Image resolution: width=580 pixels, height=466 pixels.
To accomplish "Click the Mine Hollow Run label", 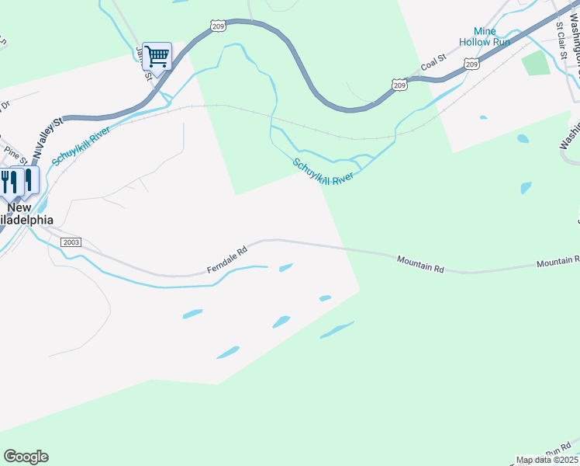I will [485, 37].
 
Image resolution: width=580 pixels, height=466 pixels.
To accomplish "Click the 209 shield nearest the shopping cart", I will [218, 26].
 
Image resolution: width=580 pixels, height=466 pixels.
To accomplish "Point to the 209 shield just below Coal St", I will [399, 84].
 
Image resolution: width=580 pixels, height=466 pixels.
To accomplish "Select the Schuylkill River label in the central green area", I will [323, 172].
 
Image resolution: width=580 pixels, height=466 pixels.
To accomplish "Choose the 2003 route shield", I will [71, 242].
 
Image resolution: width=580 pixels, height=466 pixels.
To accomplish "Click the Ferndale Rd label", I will [226, 260].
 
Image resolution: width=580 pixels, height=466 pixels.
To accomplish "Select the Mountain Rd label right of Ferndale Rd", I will [420, 263].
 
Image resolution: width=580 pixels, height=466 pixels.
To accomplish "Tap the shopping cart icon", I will [157, 55].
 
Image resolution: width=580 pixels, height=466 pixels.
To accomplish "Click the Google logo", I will [26, 457].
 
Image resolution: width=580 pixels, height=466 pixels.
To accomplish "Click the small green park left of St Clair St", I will [536, 63].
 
